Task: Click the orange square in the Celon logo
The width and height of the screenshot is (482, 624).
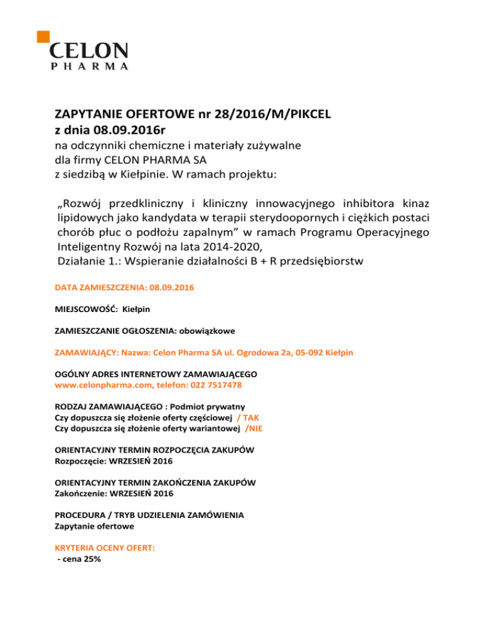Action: pos(44,35)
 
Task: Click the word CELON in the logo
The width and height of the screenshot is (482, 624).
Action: pos(88,51)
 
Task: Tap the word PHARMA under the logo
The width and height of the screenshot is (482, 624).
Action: pos(88,65)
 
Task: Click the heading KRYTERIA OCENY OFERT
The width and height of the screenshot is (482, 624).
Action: pos(105,547)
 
